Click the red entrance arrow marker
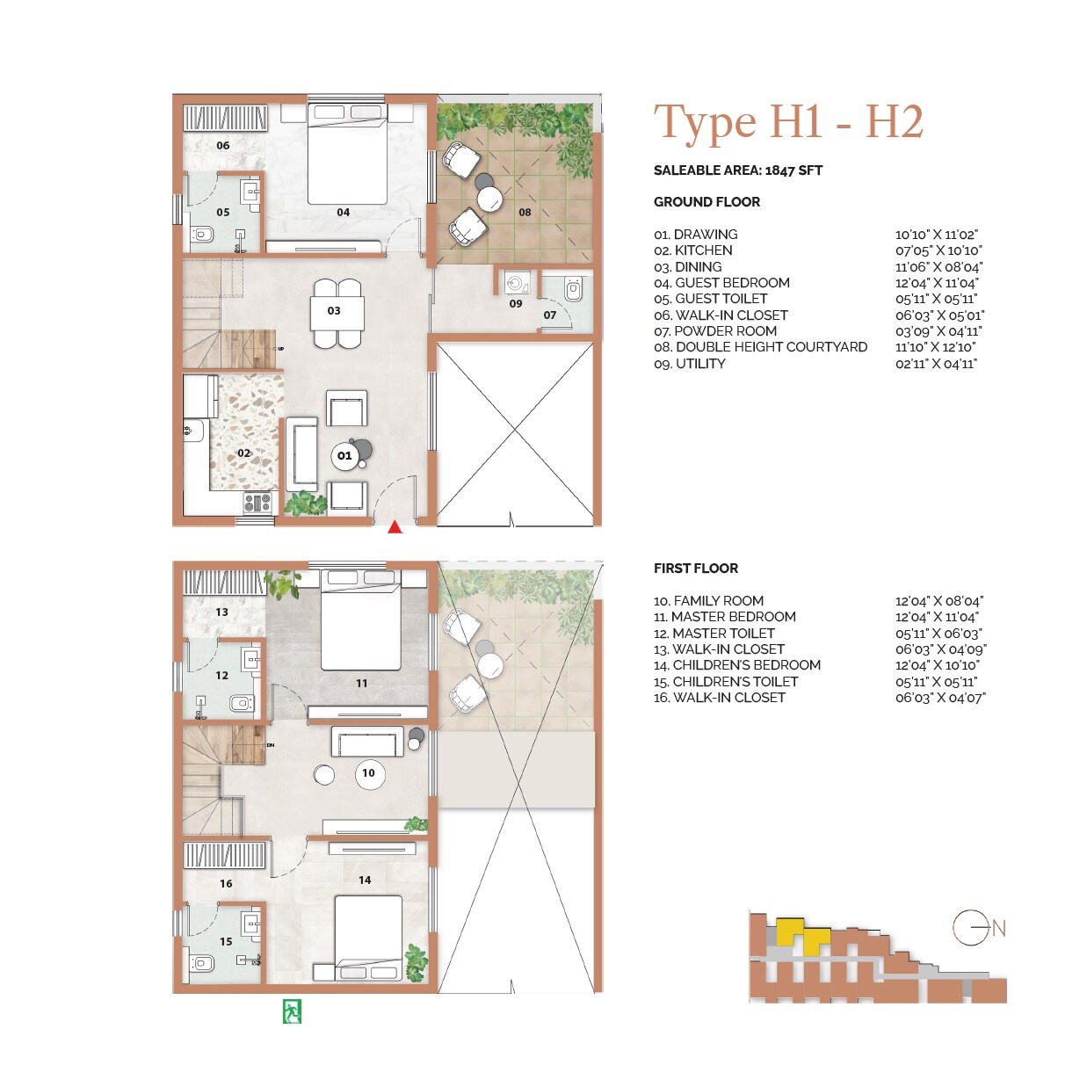395,527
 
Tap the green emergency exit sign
292,1011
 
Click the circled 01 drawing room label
344,455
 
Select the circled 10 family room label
368,773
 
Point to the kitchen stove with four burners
257,503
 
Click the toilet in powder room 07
574,289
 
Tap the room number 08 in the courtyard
525,212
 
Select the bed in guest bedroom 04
347,154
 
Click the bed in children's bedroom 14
368,936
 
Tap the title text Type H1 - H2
788,121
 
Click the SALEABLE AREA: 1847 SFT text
738,170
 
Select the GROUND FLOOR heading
707,202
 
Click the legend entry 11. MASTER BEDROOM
724,617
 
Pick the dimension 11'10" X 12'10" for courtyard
935,347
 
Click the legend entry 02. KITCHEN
692,250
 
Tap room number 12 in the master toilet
221,676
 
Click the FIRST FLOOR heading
695,569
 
